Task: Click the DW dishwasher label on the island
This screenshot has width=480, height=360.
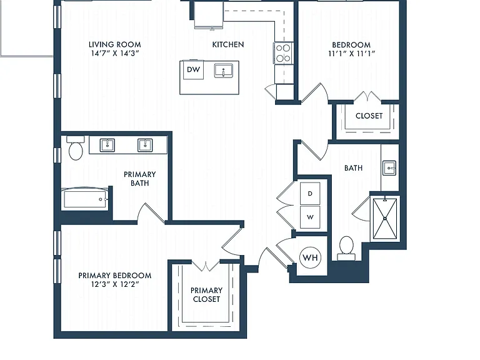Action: pyautogui.click(x=194, y=69)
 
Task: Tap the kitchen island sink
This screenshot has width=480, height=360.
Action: pyautogui.click(x=224, y=71)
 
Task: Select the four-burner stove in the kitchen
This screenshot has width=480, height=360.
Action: pyautogui.click(x=283, y=53)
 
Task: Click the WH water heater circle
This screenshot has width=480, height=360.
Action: pyautogui.click(x=311, y=257)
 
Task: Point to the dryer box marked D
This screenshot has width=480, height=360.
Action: pyautogui.click(x=310, y=194)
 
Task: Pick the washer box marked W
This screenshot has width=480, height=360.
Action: pyautogui.click(x=310, y=217)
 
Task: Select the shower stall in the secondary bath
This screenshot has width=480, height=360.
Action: pyautogui.click(x=385, y=218)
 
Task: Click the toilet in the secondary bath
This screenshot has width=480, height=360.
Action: pyautogui.click(x=346, y=249)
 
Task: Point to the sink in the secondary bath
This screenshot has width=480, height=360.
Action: pyautogui.click(x=389, y=168)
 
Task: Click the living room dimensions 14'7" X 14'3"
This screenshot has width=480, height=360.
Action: pyautogui.click(x=115, y=53)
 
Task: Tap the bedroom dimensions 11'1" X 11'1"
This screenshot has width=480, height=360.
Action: pyautogui.click(x=352, y=54)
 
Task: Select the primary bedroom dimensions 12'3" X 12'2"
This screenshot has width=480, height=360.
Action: pyautogui.click(x=115, y=284)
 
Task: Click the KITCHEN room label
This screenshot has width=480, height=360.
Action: pyautogui.click(x=228, y=44)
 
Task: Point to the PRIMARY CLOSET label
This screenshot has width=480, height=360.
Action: pyautogui.click(x=207, y=294)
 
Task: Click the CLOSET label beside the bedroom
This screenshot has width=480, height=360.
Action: pyautogui.click(x=369, y=116)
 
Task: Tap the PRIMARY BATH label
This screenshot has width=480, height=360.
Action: pyautogui.click(x=140, y=179)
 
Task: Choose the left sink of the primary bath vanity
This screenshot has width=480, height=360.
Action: pyautogui.click(x=107, y=145)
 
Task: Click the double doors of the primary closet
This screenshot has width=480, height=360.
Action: pyautogui.click(x=206, y=266)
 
